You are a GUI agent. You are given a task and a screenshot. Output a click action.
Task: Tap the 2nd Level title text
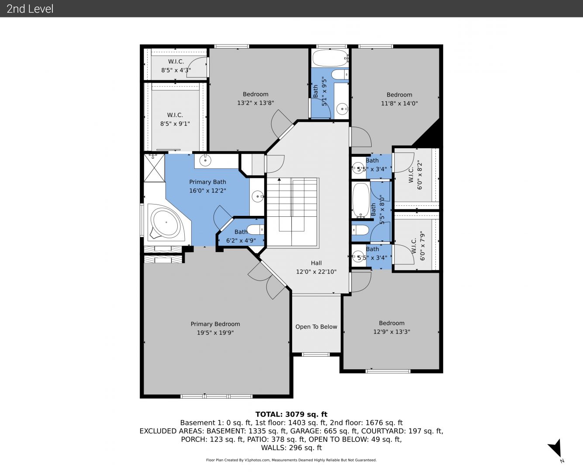click(30, 9)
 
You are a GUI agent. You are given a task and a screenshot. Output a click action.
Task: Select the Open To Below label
click(316, 326)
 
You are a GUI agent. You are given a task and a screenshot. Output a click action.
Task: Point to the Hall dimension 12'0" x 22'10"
click(316, 271)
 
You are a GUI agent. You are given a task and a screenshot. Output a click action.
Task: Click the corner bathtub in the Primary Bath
click(166, 223)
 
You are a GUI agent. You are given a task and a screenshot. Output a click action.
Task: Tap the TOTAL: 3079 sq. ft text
click(291, 414)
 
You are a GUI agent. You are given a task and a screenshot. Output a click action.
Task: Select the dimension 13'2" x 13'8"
click(255, 103)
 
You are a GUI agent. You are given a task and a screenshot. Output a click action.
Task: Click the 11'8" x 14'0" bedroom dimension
click(399, 103)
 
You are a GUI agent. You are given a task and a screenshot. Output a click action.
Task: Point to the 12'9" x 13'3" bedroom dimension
click(392, 332)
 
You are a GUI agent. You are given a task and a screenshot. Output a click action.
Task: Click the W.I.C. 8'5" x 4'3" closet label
click(176, 66)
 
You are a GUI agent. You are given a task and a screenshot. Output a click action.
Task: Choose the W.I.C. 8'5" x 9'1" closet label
click(175, 119)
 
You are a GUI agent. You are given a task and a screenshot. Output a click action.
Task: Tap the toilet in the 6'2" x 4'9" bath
click(255, 229)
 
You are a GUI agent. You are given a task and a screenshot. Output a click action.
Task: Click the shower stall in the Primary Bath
click(154, 168)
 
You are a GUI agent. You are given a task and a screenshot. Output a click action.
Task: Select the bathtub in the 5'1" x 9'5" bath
click(330, 58)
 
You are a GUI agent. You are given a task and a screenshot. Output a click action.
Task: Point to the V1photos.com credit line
click(291, 460)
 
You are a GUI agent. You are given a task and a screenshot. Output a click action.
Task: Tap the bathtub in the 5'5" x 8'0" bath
click(361, 200)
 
